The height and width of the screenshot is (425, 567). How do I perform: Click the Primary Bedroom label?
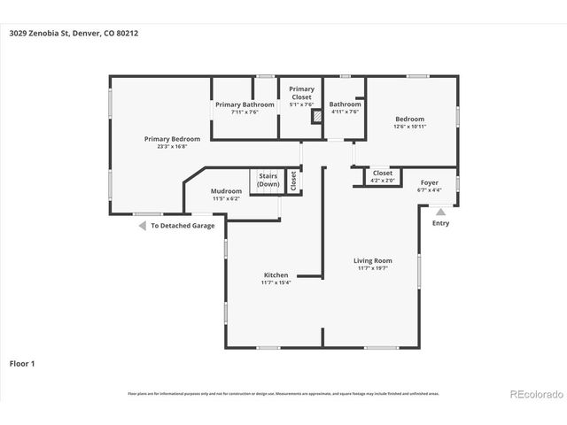[x=173, y=139]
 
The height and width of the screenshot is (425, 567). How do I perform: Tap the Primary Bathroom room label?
[x=245, y=104]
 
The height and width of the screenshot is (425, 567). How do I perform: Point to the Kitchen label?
[x=276, y=275]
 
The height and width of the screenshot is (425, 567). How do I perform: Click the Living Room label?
[x=373, y=260]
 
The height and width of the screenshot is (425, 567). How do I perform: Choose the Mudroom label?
[x=226, y=191]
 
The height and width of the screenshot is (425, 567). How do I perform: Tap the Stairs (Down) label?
[x=268, y=181]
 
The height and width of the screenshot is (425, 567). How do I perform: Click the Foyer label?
[x=429, y=182]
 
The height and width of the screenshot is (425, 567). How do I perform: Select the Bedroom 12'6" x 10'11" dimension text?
[x=409, y=127]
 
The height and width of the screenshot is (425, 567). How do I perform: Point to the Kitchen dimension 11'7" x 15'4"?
[x=276, y=282]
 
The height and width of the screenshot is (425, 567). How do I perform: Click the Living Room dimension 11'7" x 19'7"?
[x=373, y=268]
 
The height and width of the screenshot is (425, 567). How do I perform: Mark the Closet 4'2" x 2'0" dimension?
[x=382, y=181]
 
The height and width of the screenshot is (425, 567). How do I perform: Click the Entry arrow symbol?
[x=440, y=211]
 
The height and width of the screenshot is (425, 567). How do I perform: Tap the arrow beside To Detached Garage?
[x=141, y=226]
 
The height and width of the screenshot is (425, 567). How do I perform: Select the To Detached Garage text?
[x=183, y=226]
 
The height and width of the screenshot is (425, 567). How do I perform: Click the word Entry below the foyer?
[x=440, y=223]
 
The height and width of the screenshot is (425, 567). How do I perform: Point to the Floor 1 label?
[x=22, y=363]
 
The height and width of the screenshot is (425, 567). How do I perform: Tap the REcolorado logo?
[x=533, y=393]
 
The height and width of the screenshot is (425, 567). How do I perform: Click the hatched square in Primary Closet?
[x=314, y=115]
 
